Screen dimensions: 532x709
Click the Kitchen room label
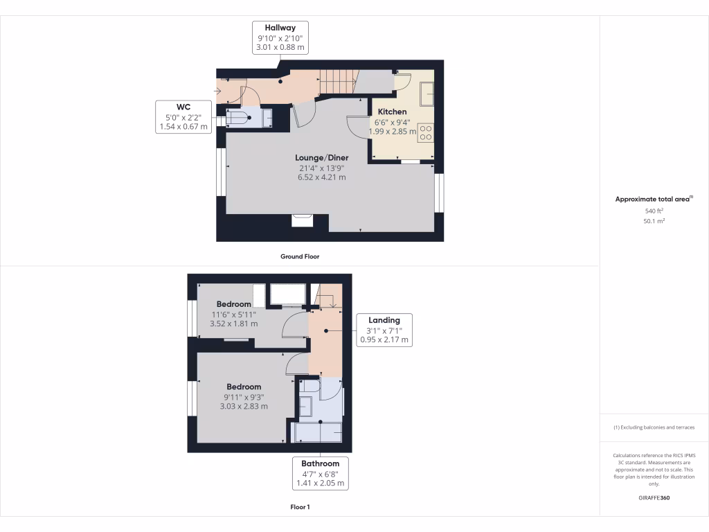tap(392, 112)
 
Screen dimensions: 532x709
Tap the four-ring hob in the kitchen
tap(426, 133)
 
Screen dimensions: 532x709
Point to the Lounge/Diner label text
tap(321, 157)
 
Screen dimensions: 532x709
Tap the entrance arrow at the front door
tap(219, 91)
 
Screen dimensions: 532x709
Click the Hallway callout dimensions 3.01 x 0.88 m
tap(280, 48)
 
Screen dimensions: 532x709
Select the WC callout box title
tap(183, 107)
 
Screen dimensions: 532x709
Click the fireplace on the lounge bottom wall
tap(303, 220)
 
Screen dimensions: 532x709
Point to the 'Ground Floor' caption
tap(300, 256)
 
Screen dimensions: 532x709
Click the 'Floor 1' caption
tap(300, 507)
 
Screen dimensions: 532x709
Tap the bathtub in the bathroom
tap(318, 432)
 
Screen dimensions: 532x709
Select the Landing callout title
tap(384, 320)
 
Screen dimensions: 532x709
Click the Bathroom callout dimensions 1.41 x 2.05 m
tap(320, 484)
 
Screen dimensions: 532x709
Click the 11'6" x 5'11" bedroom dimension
tap(234, 314)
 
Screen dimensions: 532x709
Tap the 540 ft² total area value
tap(654, 211)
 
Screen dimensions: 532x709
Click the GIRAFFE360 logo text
tap(654, 497)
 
